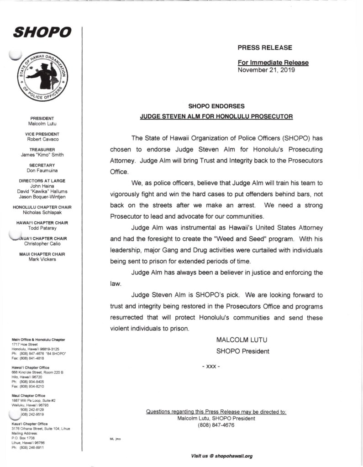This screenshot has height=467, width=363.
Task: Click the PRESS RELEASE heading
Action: point(264,47)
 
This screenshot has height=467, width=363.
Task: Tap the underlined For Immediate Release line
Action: point(273,63)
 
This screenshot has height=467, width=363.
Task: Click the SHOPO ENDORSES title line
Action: point(216,106)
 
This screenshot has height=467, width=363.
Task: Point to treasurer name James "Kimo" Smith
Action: point(42,155)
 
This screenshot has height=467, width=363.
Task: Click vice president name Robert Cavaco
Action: point(42,139)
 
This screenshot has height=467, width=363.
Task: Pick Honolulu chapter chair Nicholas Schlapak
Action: point(42,212)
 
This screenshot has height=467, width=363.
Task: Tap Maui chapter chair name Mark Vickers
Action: point(42,259)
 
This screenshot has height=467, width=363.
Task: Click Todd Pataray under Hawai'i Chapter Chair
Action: point(42,228)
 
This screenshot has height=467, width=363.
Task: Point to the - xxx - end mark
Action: point(211,367)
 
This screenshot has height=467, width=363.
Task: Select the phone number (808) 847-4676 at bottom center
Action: point(216,425)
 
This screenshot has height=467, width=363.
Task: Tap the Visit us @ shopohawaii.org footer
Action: point(222,456)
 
